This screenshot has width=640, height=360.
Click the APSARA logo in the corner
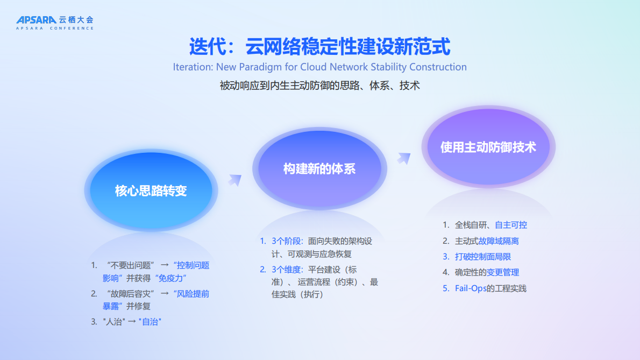(x=54, y=22)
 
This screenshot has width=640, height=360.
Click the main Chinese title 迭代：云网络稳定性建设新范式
(x=319, y=46)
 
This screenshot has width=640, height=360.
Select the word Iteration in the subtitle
(x=192, y=67)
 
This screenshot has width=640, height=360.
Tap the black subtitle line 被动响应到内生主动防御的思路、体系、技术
(x=319, y=86)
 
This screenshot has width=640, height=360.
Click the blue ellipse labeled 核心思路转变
(x=151, y=191)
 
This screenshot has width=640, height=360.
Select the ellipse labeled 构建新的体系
(x=319, y=169)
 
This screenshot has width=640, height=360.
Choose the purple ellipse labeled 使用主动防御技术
(x=488, y=147)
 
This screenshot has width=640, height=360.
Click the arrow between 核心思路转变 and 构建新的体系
(x=234, y=180)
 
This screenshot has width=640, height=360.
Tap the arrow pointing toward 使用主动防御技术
(x=403, y=158)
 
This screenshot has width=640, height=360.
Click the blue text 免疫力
(x=170, y=278)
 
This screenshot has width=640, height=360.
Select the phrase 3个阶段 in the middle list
(x=287, y=241)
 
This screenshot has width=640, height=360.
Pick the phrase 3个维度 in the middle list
(x=287, y=269)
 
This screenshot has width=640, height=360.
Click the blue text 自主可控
(x=510, y=225)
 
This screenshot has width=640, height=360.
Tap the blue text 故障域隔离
(x=499, y=241)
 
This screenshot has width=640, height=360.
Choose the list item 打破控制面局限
(x=482, y=257)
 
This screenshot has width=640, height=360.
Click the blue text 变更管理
(x=503, y=272)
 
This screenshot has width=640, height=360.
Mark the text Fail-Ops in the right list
(x=470, y=288)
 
